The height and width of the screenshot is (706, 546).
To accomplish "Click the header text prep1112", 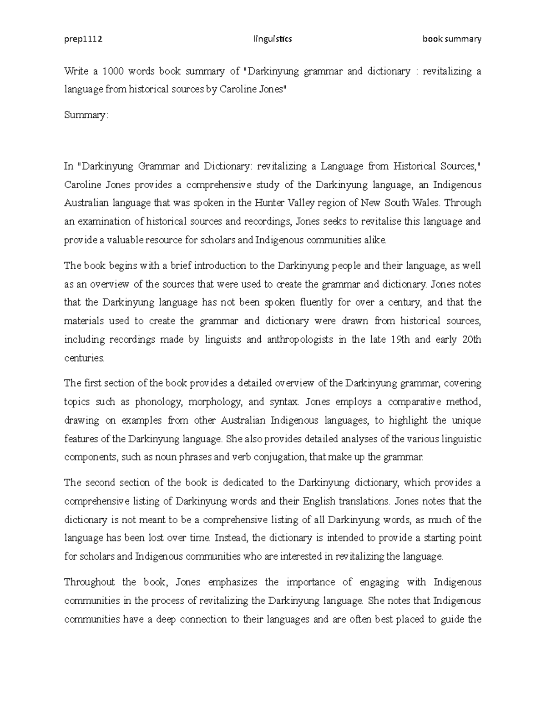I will pyautogui.click(x=83, y=39).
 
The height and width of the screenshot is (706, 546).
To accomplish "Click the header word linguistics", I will pyautogui.click(x=273, y=39).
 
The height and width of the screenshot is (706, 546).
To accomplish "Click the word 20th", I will pyautogui.click(x=471, y=340).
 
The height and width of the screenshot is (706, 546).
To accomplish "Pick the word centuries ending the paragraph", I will pyautogui.click(x=84, y=358).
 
